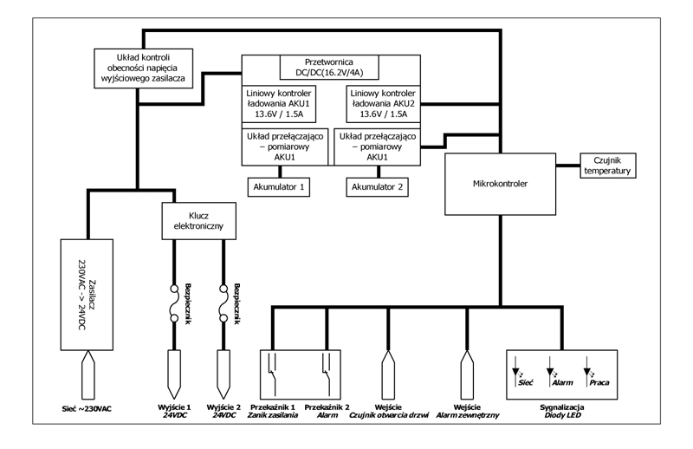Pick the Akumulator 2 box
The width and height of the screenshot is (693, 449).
pyautogui.click(x=377, y=186)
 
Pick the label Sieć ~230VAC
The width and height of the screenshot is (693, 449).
pyautogui.click(x=88, y=409)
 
